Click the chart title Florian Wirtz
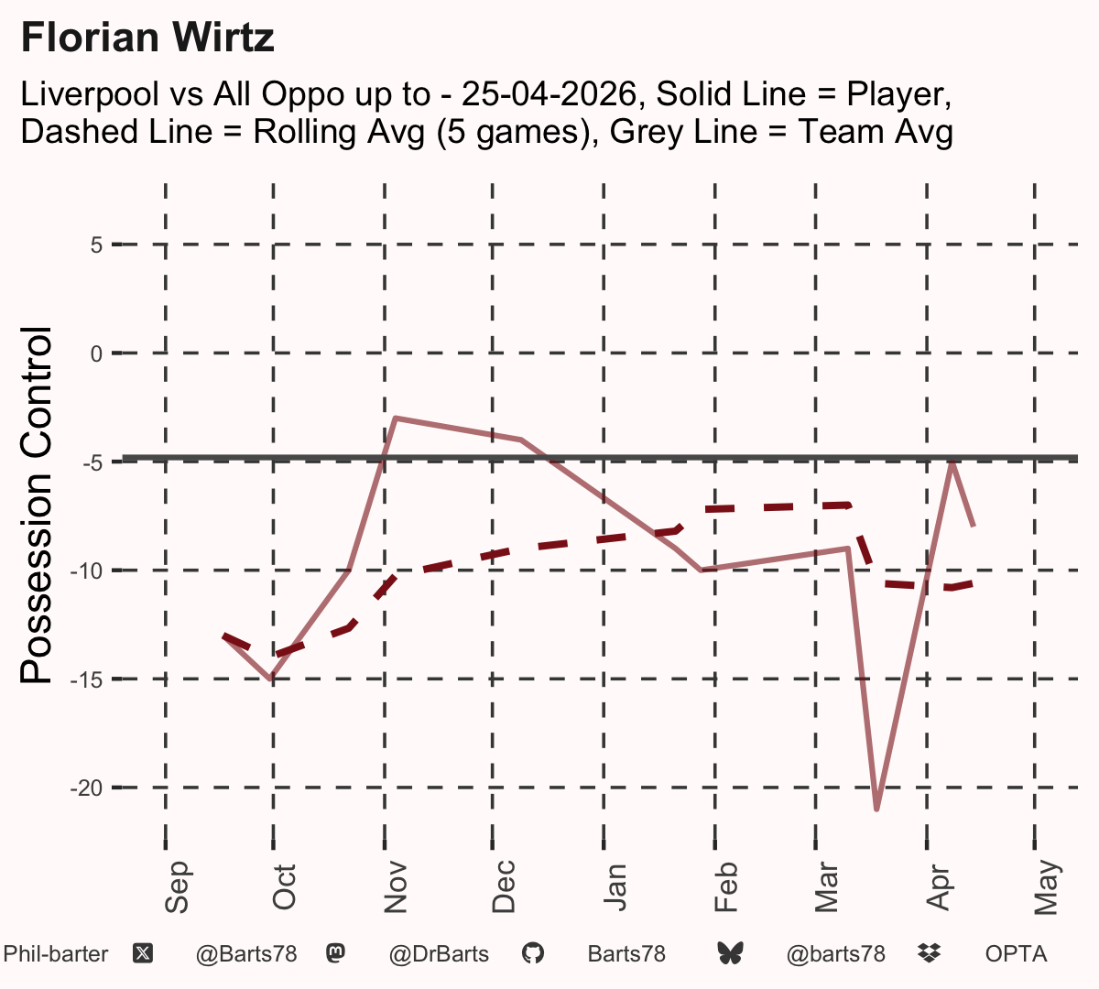click(147, 38)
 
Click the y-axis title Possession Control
click(36, 505)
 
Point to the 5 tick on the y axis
click(96, 245)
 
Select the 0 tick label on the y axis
click(96, 354)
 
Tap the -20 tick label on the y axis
click(87, 788)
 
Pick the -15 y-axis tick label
click(87, 680)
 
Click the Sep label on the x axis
click(177, 886)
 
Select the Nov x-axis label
click(396, 886)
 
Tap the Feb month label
click(725, 886)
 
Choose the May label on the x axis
click(1046, 886)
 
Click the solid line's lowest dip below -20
click(877, 809)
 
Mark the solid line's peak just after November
click(396, 418)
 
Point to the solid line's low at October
click(271, 679)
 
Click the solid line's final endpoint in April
click(974, 526)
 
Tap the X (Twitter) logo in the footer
click(143, 954)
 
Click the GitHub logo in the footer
click(533, 954)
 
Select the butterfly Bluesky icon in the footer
click(730, 954)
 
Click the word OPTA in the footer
click(1017, 954)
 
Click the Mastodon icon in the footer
click(336, 954)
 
